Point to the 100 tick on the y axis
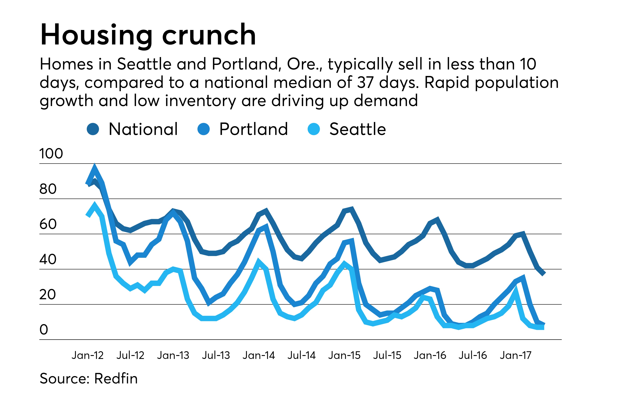51,153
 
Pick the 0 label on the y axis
44,330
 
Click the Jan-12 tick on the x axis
88,355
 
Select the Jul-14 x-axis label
302,355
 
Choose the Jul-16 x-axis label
473,355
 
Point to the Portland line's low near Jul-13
209,303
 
